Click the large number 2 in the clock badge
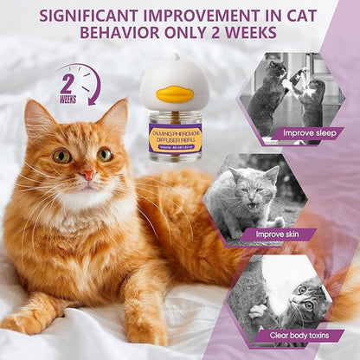(x=67, y=84)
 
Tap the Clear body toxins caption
(x=297, y=334)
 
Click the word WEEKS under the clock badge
(x=67, y=100)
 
